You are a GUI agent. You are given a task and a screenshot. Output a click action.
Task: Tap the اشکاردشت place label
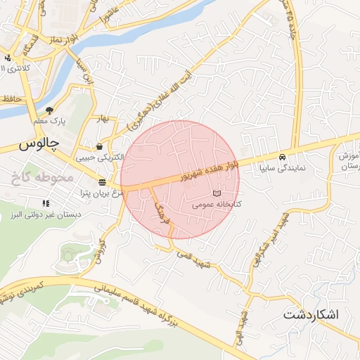coord(311,314)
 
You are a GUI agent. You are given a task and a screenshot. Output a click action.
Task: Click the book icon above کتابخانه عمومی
coord(217,193)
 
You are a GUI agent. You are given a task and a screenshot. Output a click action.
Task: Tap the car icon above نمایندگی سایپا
coord(282,157)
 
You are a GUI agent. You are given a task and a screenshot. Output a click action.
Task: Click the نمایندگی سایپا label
coord(282,168)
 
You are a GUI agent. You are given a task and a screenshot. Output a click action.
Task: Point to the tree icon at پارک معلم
coord(49,110)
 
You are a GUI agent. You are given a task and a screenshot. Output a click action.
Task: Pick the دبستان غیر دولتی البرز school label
coord(50,212)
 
